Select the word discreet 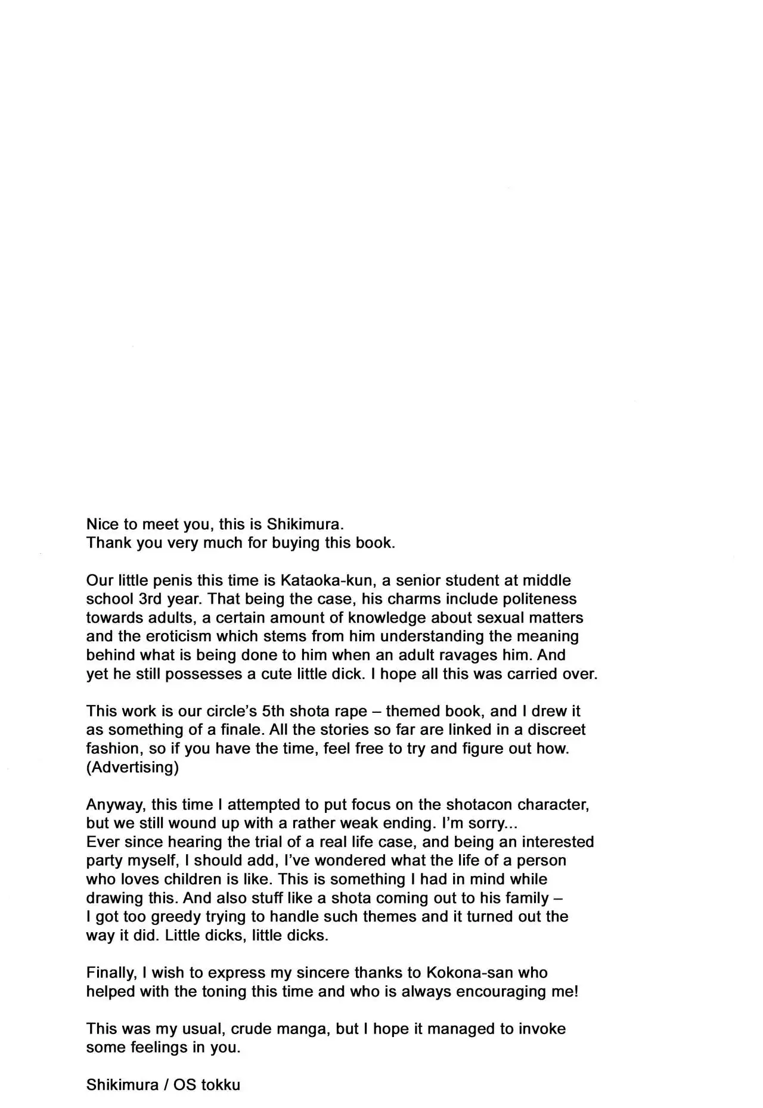(x=557, y=730)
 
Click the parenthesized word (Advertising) (x=132, y=767)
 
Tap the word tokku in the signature (x=221, y=1085)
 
